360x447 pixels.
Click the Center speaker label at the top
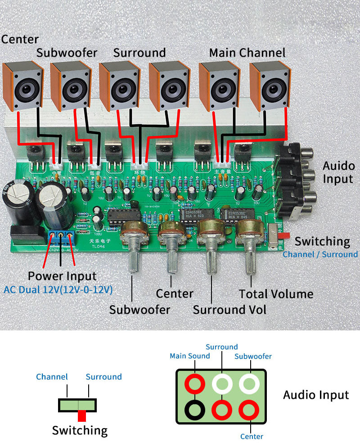pos(20,39)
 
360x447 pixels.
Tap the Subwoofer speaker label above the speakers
pos(67,53)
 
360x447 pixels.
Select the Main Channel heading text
pos(247,53)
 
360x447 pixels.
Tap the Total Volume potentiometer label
pos(276,294)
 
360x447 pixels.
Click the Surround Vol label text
pos(229,310)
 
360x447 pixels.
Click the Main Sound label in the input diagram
pos(189,356)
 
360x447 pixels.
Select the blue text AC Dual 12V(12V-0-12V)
pos(58,289)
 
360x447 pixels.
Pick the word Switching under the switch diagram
pos(80,430)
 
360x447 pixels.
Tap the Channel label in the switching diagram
pos(52,377)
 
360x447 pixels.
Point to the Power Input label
pos(62,275)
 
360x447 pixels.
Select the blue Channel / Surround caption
pos(320,254)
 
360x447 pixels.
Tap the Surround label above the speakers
pos(139,53)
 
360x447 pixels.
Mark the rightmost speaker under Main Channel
pos(269,86)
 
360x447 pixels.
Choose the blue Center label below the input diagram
pos(252,436)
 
